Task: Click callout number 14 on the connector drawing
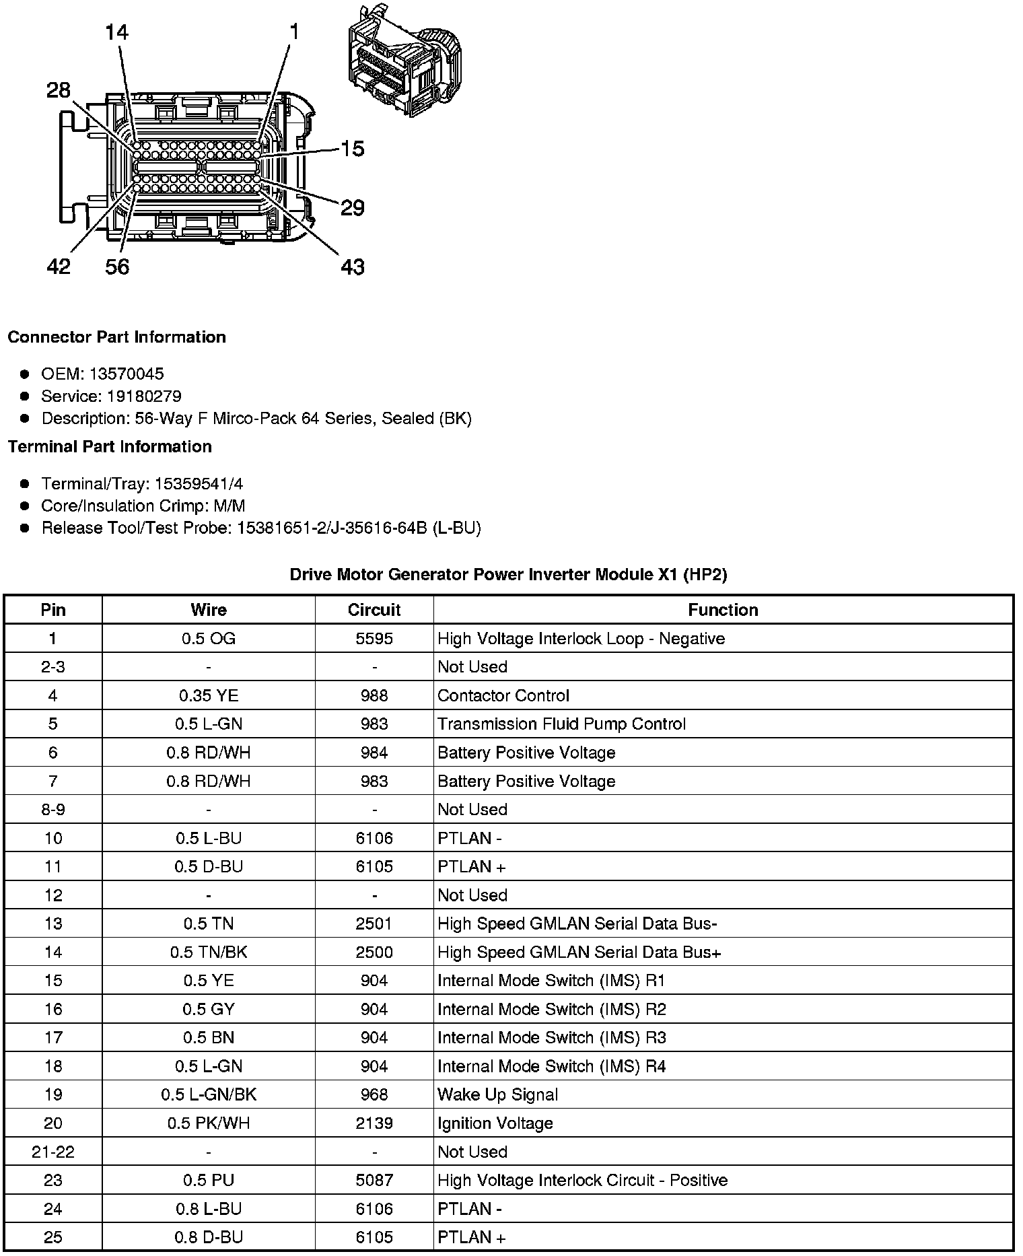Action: coord(116,32)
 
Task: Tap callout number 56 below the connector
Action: coord(117,267)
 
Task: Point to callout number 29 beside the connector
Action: coord(352,208)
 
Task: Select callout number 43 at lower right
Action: coord(353,267)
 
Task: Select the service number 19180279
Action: coord(144,396)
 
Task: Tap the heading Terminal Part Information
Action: coord(110,447)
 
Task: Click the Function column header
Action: coord(723,610)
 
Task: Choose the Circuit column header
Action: coord(374,610)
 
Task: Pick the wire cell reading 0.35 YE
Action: coord(209,695)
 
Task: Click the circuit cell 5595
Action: coord(374,639)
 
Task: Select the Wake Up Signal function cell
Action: coord(497,1094)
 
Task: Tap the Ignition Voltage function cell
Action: coord(495,1123)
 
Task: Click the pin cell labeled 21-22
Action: coord(53,1152)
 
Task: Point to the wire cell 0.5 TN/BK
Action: coord(209,952)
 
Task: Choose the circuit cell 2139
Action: coord(374,1123)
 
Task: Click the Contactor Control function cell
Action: coord(503,695)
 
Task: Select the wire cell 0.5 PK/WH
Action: coord(209,1123)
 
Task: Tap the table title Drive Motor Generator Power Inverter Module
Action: coord(508,575)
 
